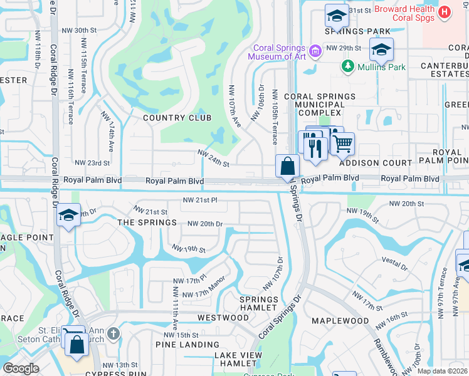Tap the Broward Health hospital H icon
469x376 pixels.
445,12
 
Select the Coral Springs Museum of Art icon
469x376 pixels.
315,50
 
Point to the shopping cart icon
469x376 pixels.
342,144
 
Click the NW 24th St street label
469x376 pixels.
213,158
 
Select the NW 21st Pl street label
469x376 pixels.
199,200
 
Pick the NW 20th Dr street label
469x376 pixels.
205,224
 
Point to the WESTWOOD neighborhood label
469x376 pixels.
223,318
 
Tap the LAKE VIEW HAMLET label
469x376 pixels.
238,360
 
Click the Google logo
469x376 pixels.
21,368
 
